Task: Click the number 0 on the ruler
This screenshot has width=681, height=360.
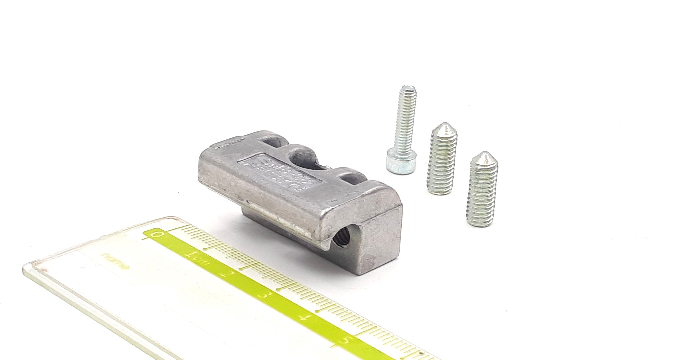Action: click(156, 234)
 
